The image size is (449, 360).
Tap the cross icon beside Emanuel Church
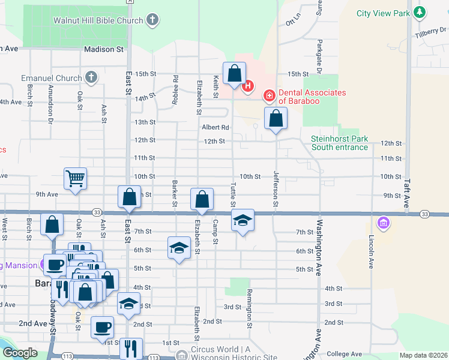[x=91, y=77]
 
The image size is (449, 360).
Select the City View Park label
[x=382, y=13]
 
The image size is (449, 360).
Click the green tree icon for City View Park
[x=420, y=13]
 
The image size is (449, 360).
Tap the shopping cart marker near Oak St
[x=76, y=178]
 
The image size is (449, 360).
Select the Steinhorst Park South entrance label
[x=340, y=143]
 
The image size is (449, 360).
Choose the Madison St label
[x=103, y=49]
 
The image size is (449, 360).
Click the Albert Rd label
[x=215, y=127]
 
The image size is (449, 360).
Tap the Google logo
[x=19, y=353]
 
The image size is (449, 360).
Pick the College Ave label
[x=345, y=354]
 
